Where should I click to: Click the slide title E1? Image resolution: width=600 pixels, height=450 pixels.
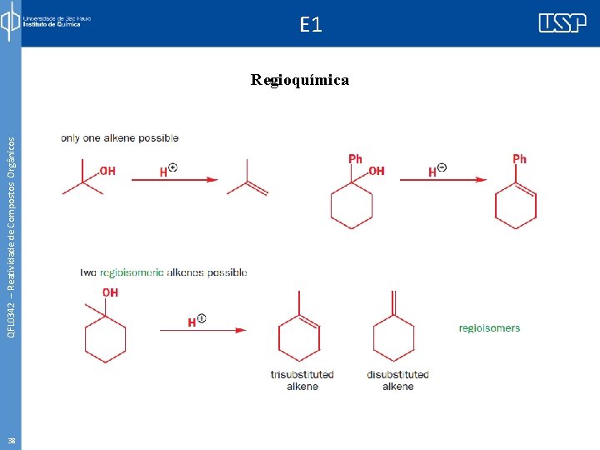tap(310, 25)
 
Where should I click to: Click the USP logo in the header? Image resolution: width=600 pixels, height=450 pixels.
tap(562, 23)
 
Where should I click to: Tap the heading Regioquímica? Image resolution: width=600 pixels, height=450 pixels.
tap(300, 81)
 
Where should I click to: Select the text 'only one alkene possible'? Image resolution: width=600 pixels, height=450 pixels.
tap(119, 137)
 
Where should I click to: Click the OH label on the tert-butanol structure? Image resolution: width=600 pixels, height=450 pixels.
tap(107, 171)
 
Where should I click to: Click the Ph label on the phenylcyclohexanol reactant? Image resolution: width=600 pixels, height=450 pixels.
tap(355, 158)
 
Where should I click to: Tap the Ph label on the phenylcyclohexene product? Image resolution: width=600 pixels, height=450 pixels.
tap(519, 158)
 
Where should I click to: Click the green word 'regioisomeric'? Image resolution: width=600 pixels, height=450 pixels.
tap(132, 272)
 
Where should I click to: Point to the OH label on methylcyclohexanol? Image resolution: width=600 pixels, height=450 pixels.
tap(110, 292)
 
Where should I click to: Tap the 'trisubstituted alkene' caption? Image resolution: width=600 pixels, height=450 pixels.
tap(302, 381)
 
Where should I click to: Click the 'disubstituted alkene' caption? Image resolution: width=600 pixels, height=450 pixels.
tap(397, 381)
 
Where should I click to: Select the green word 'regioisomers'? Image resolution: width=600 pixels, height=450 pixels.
tap(489, 328)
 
